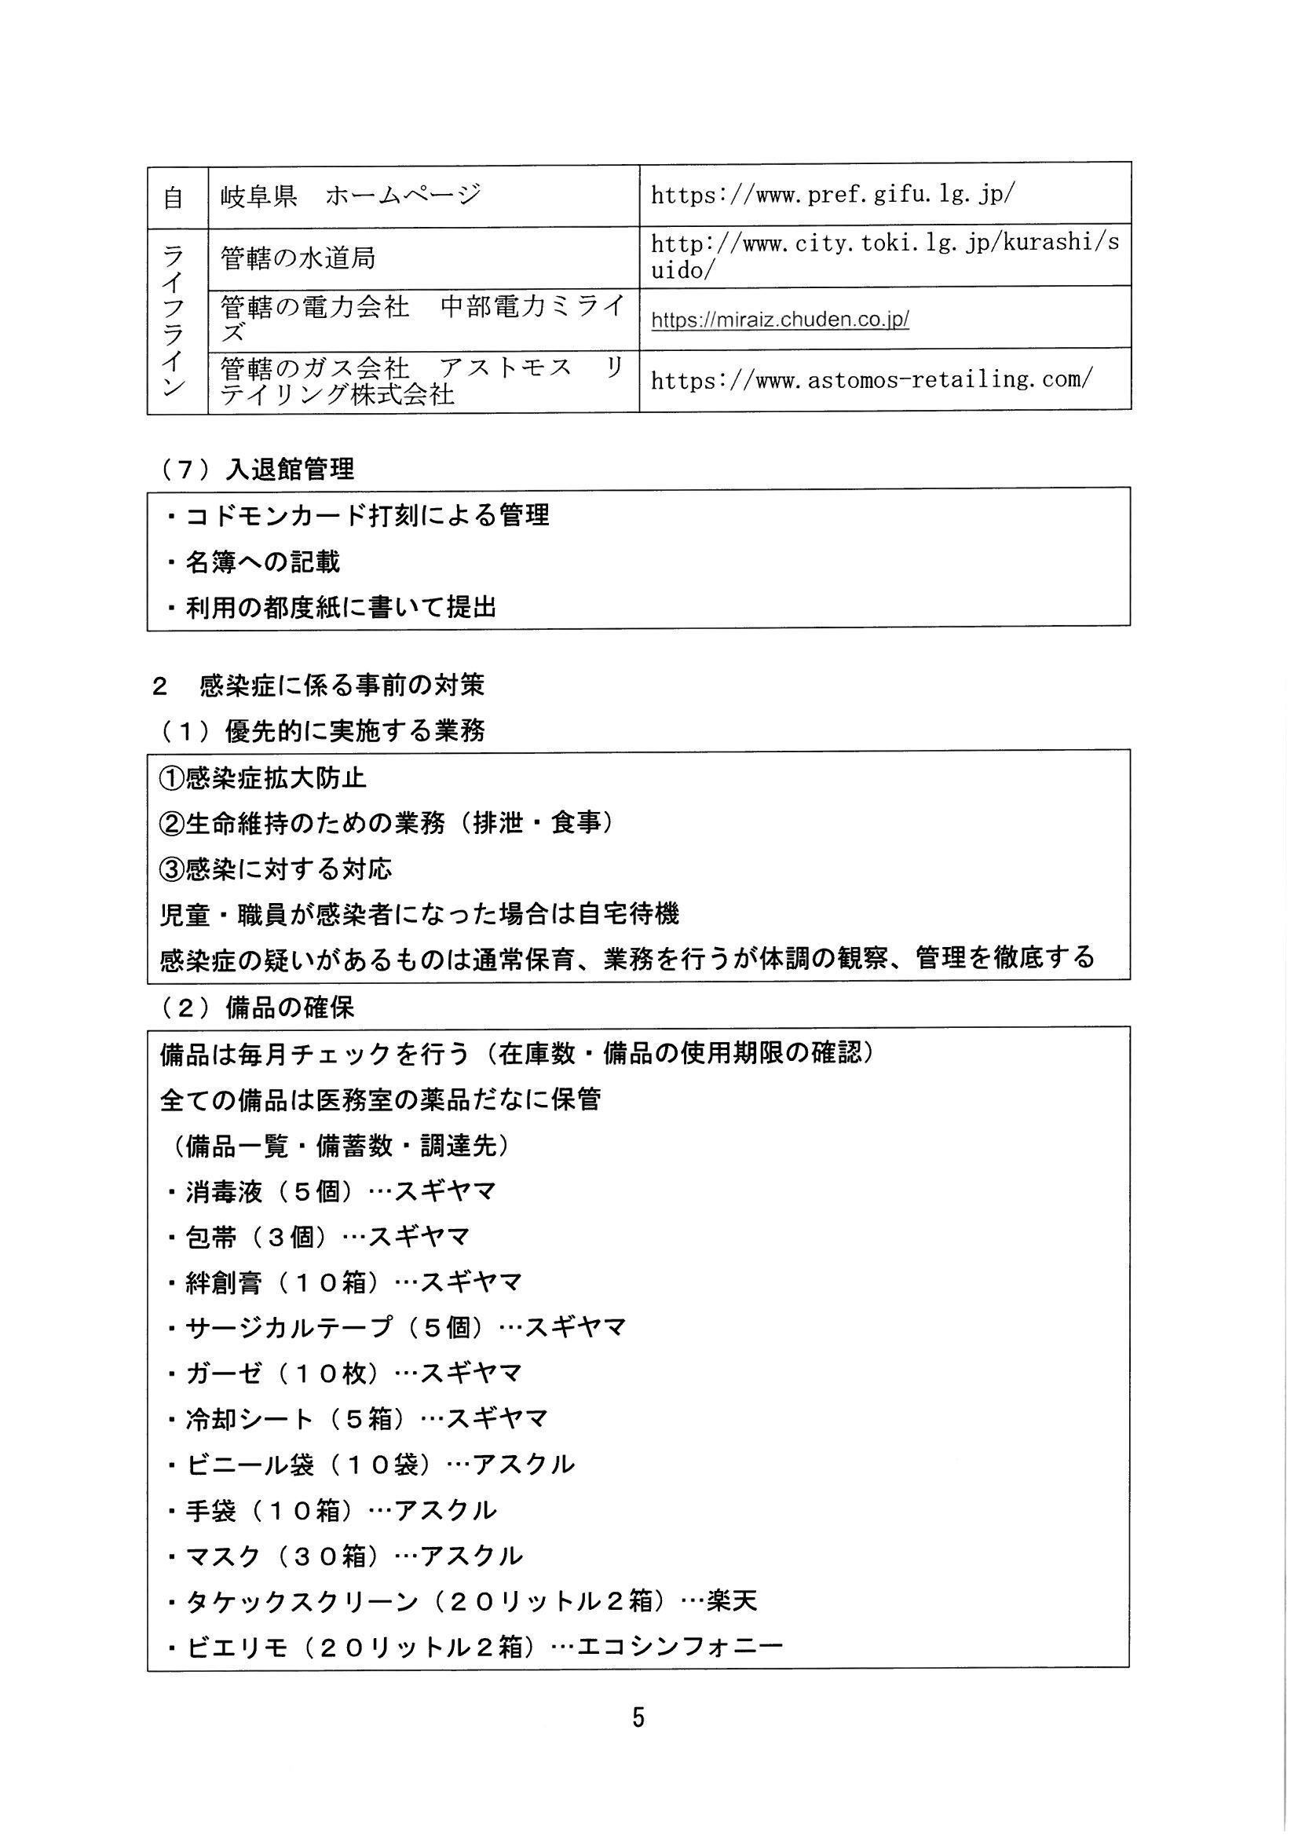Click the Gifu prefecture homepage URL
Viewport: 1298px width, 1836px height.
tap(832, 195)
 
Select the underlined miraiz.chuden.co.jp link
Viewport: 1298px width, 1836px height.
tap(780, 320)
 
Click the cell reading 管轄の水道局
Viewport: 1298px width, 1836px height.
tap(298, 258)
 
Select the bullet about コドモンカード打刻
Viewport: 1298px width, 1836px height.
tap(358, 516)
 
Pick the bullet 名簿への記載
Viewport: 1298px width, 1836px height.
tap(254, 562)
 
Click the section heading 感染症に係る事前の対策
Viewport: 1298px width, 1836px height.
tap(342, 686)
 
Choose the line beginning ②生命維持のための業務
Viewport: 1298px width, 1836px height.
tap(387, 823)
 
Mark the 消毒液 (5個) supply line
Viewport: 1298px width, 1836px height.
tap(331, 1191)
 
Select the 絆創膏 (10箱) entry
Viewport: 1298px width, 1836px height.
tap(344, 1282)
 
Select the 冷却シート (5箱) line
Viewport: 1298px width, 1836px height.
tap(356, 1419)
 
